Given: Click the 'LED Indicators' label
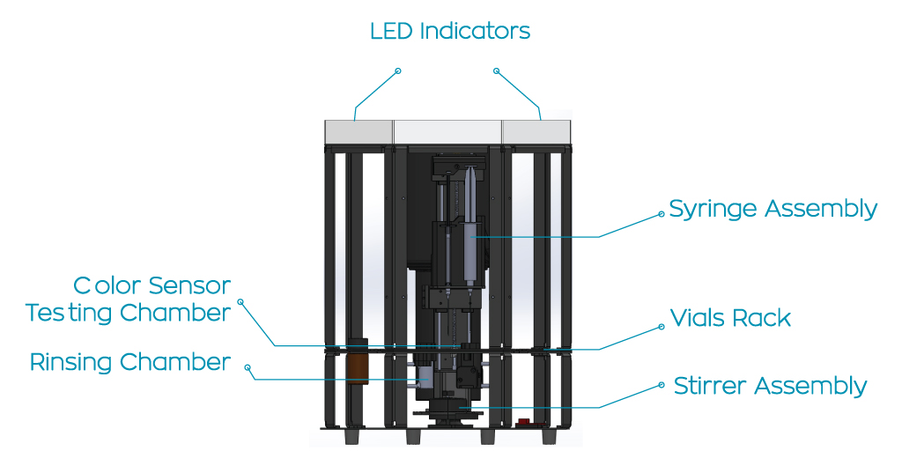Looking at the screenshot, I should tap(449, 32).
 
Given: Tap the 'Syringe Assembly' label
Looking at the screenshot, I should tap(773, 210).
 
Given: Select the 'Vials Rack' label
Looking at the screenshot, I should tap(730, 318).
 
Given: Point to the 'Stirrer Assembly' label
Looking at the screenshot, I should tap(770, 386).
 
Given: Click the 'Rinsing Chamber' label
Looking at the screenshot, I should tap(130, 362).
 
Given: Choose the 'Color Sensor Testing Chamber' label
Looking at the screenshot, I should tap(129, 300).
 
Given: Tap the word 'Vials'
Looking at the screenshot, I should tap(696, 318).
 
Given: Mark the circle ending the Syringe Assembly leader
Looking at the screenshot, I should tap(662, 213).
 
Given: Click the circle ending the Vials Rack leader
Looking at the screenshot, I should tap(662, 328).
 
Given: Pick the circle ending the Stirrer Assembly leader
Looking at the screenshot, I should tap(662, 385).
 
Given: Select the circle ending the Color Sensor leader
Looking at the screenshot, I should tap(240, 301).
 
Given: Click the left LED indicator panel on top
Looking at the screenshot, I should tap(359, 132).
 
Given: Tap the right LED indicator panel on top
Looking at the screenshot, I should tap(536, 132).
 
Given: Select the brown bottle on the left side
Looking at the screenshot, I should tap(357, 364).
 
